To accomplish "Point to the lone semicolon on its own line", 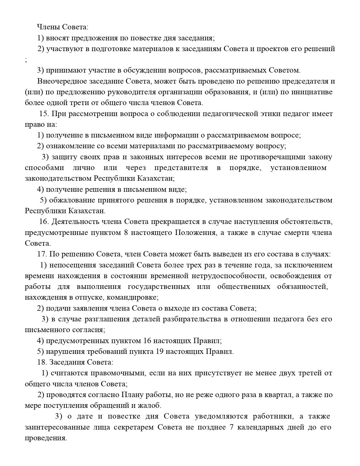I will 26,60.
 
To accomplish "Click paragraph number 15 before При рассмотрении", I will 44,114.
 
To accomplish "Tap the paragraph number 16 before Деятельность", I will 44,222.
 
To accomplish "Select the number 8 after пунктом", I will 126,233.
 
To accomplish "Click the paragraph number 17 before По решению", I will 42,254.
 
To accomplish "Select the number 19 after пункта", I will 160,352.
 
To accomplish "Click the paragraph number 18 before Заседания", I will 42,362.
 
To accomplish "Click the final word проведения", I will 45,438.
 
